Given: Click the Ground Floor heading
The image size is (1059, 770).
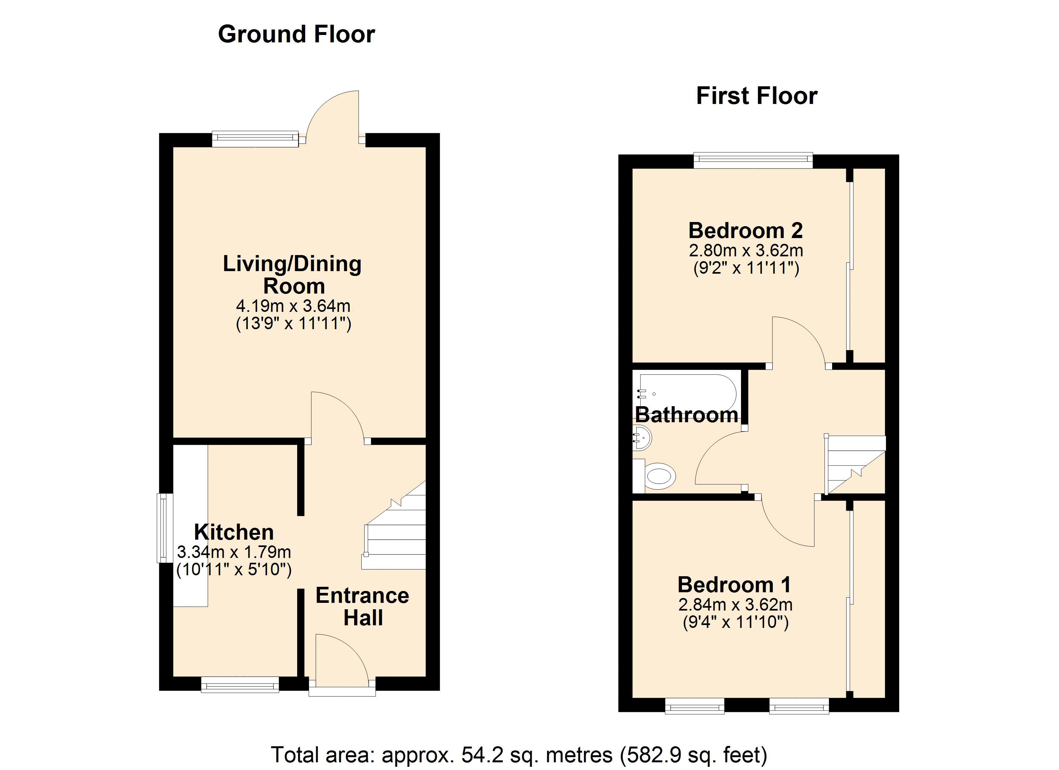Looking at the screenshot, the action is pyautogui.click(x=297, y=34).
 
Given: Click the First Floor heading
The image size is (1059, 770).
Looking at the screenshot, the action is pyautogui.click(x=756, y=96).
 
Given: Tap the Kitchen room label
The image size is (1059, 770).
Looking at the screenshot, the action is pyautogui.click(x=234, y=532).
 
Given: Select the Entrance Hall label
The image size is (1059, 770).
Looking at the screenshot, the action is pyautogui.click(x=363, y=606).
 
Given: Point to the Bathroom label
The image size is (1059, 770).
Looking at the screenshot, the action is pyautogui.click(x=686, y=415).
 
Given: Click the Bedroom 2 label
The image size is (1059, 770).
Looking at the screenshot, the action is pyautogui.click(x=746, y=230).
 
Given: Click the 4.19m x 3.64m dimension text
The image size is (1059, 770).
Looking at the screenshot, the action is pyautogui.click(x=293, y=306).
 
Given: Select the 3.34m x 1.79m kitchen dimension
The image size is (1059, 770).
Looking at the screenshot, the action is pyautogui.click(x=234, y=552).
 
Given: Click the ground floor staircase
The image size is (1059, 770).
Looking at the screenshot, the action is pyautogui.click(x=394, y=525).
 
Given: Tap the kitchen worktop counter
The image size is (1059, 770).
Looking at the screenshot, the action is pyautogui.click(x=191, y=525).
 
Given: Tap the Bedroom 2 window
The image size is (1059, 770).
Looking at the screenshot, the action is pyautogui.click(x=753, y=160).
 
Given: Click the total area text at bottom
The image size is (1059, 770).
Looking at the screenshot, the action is pyautogui.click(x=519, y=755).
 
